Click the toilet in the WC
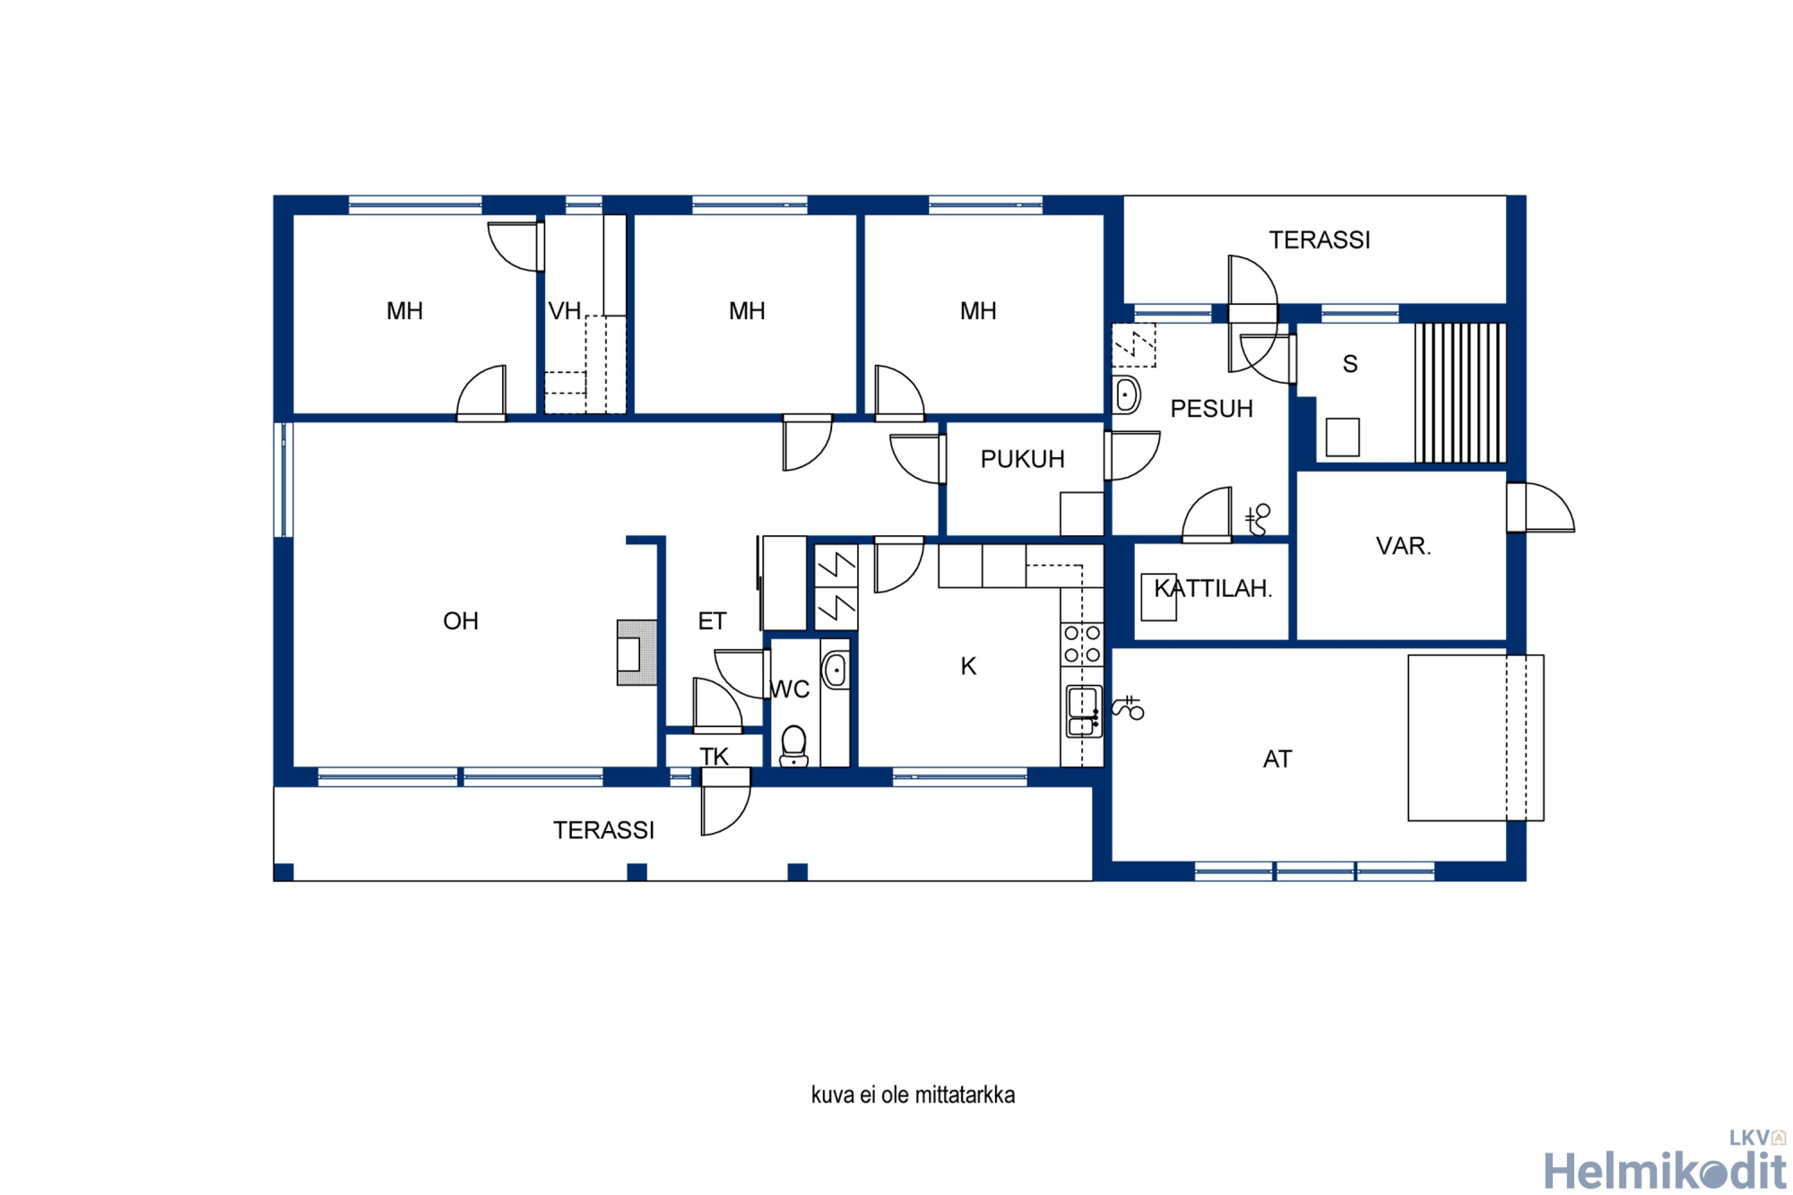pos(793,746)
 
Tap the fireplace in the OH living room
pos(637,653)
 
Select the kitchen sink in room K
pos(1083,711)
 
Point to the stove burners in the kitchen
pos(1082,644)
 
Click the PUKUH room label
pos(1022,459)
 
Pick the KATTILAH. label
pos(1213,588)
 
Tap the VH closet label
pos(565,311)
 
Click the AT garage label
pos(1278,759)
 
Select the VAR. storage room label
pos(1403,546)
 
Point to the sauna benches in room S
pos(1460,393)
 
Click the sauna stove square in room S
pos(1342,437)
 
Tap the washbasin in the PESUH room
pos(1126,394)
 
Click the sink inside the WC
pos(836,670)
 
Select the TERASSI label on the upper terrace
pos(1319,240)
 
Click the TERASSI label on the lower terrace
pos(603,830)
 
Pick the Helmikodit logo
pos(1665,1163)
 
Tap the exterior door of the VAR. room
pos(1541,507)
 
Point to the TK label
pos(715,757)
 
